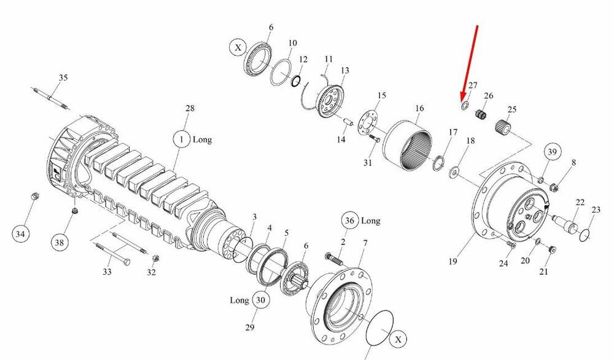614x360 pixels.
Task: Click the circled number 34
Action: tap(20, 234)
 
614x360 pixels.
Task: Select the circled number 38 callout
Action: tap(59, 243)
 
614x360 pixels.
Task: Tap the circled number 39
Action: tap(552, 152)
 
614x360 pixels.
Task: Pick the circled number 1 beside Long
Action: tap(181, 139)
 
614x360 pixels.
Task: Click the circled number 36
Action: tap(349, 221)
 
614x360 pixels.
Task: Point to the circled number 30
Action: tap(260, 300)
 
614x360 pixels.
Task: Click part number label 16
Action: tap(419, 108)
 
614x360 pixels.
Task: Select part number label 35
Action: tap(63, 77)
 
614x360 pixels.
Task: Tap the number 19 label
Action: tap(453, 261)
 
